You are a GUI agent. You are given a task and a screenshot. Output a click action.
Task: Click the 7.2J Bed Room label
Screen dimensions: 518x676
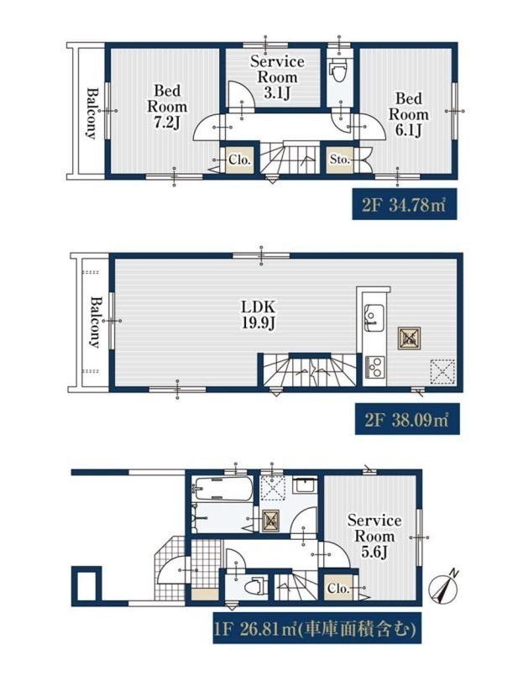(167, 107)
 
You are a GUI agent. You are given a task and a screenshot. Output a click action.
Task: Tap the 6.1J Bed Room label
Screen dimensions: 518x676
(409, 114)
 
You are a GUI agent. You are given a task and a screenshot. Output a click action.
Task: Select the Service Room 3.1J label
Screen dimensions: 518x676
(277, 77)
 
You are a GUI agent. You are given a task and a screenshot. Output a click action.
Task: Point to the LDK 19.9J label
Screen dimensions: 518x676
(258, 315)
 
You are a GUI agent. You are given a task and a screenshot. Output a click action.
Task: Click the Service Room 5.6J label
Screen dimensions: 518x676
(374, 536)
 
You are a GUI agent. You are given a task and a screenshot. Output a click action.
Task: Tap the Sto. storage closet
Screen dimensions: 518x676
(339, 160)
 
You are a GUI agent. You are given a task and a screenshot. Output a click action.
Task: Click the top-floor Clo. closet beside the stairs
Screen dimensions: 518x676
(239, 160)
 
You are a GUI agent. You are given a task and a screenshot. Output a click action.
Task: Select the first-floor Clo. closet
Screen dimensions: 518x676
(337, 588)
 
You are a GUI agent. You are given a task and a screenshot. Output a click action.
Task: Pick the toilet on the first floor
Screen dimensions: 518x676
(255, 587)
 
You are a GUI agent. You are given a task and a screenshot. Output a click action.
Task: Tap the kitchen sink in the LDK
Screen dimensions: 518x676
(374, 317)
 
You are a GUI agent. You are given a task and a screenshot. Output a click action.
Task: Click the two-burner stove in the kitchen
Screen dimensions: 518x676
(375, 367)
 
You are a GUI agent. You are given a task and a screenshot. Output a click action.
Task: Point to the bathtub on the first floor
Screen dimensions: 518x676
(222, 489)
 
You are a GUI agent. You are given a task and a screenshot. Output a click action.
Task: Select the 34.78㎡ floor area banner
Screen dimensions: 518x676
(404, 204)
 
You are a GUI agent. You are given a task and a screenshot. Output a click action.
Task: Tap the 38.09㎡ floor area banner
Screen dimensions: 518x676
(407, 419)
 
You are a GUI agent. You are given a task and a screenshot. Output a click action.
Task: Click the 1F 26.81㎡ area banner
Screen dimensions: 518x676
(317, 631)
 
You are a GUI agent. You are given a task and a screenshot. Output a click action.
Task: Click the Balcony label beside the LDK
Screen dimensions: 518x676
(95, 322)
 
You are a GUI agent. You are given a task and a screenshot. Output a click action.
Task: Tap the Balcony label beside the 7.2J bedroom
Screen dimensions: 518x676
(92, 113)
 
